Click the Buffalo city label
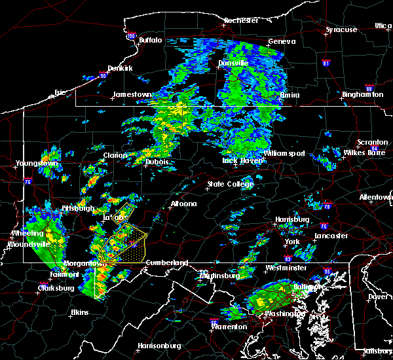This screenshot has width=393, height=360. (150, 40)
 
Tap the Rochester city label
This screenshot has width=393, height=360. (241, 20)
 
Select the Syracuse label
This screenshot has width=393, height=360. (341, 29)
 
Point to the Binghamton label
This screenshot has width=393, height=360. (362, 94)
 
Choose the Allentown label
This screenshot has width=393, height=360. (376, 197)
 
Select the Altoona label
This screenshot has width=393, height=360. (183, 204)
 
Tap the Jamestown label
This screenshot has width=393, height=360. (132, 94)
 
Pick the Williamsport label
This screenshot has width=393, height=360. (284, 153)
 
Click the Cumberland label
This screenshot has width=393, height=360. (166, 262)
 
